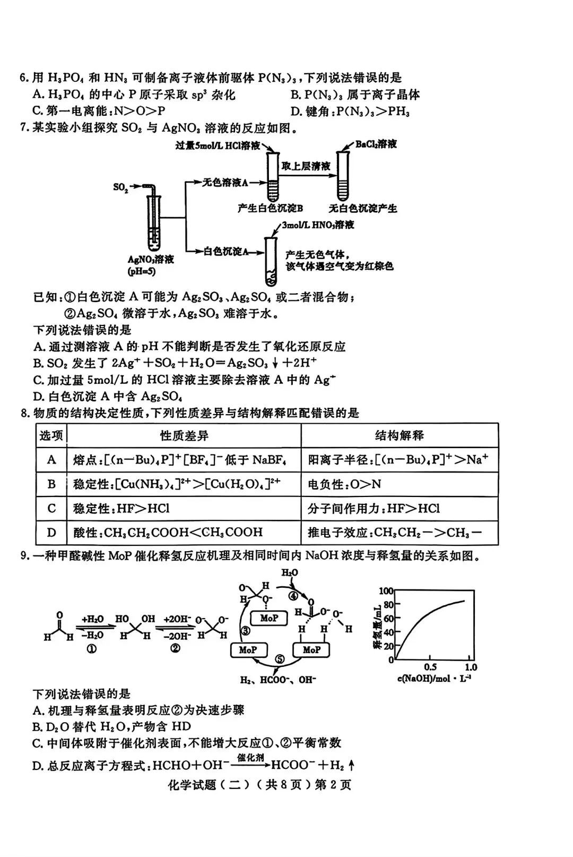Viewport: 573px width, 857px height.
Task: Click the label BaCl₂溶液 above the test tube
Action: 376,144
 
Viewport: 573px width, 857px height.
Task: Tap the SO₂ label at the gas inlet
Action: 120,187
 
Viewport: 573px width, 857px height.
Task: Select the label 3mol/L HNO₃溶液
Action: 318,225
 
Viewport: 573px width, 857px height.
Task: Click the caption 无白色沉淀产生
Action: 363,209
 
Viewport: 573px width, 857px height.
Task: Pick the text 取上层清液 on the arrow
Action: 306,166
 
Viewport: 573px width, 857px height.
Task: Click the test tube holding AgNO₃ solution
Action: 153,223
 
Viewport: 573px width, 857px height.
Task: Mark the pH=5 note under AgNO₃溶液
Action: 142,272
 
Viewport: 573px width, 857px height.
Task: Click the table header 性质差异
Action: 184,435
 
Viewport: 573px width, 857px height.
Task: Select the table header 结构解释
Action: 399,435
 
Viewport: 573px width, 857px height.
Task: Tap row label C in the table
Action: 51,508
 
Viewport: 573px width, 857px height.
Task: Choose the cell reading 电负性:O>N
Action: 344,484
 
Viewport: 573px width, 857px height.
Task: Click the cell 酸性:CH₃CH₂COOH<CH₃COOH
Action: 168,533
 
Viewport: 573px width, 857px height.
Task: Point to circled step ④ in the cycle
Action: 293,596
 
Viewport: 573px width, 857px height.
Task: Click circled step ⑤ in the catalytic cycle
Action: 280,659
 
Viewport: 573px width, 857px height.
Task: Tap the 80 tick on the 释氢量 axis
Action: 388,604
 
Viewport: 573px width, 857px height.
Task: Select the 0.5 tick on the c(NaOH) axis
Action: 430,667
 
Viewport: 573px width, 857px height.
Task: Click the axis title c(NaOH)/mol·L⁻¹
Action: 433,678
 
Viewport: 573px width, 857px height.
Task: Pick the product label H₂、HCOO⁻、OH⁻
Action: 277,680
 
